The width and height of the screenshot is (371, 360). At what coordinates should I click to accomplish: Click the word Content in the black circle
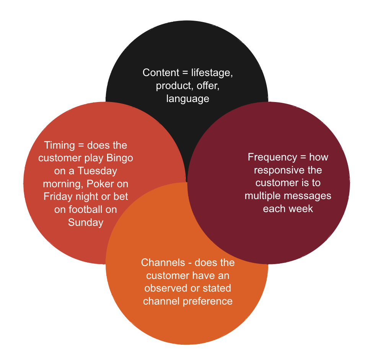click(x=161, y=73)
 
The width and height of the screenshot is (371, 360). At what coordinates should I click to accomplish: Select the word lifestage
click(x=212, y=73)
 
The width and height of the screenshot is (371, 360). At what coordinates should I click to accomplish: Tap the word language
click(x=188, y=99)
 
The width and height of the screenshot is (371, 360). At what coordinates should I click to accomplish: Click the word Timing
click(x=60, y=146)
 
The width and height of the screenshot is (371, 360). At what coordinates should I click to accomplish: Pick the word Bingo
click(x=120, y=158)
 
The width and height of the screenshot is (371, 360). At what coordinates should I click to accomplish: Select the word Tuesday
click(x=98, y=171)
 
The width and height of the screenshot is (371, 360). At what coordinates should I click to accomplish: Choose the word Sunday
click(x=86, y=223)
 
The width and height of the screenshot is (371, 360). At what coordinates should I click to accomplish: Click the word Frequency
click(x=272, y=157)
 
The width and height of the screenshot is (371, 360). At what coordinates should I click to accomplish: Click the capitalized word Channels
click(x=163, y=263)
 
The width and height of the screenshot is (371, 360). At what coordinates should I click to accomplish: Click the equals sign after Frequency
click(x=303, y=157)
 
